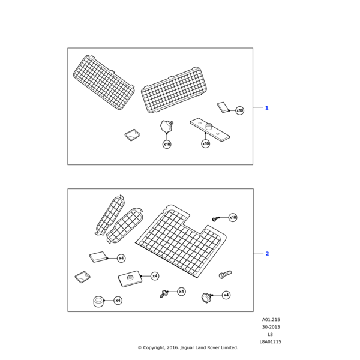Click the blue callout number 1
coord(266,108)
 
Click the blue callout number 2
coord(267,253)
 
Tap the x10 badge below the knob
coord(167,144)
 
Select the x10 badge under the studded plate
coord(206,144)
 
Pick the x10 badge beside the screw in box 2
coord(233,218)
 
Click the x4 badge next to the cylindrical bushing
coord(118,300)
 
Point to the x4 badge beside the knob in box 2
coord(226,295)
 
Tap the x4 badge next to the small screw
coord(182,292)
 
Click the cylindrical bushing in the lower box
coord(98,301)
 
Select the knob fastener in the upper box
coord(166,127)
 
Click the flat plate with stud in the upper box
coord(209,130)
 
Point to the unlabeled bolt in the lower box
coord(225,274)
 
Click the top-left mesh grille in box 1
coord(104,82)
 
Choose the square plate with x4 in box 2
coord(130,278)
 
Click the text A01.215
coord(271,320)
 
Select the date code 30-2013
coord(271,328)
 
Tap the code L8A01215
coord(271,342)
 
